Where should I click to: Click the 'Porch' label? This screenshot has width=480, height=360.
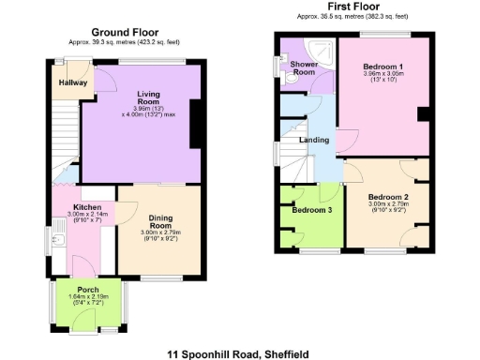90,289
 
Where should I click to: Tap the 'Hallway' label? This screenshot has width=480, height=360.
74,82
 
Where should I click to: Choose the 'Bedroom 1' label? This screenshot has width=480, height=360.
382,67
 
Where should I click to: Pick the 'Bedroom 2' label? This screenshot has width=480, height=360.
387,196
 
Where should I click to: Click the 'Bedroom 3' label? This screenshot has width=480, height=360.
310,210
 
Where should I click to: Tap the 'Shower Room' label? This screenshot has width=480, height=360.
303,67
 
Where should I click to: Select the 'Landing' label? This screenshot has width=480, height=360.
313,141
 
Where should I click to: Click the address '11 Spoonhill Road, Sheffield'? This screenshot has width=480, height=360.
239,354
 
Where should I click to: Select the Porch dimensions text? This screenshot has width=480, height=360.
90,301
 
